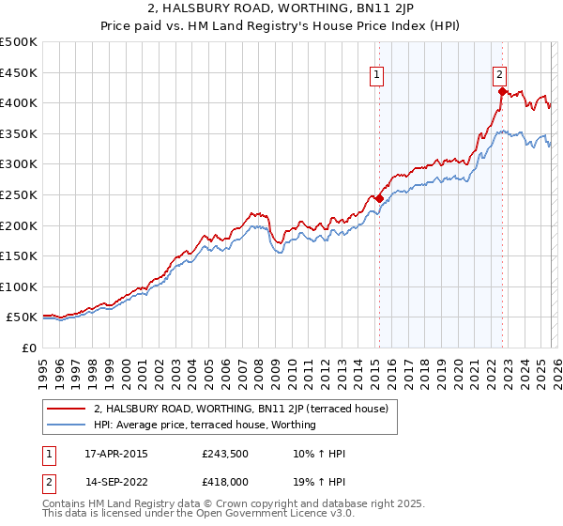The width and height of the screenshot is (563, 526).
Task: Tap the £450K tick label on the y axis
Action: click(x=19, y=72)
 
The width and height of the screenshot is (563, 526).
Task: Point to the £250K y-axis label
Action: click(x=19, y=194)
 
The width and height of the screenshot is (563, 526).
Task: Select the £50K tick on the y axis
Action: click(x=22, y=317)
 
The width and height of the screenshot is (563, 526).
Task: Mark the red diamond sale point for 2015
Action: click(x=379, y=199)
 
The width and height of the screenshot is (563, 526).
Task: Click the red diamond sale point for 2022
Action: click(x=502, y=92)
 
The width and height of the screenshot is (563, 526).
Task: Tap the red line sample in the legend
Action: click(x=67, y=409)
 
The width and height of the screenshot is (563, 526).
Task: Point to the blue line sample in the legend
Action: click(x=67, y=425)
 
